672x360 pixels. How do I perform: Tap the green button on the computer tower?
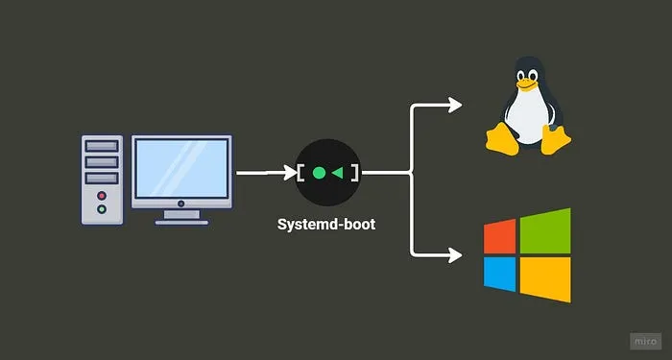[x=102, y=208]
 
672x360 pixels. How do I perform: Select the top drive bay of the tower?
[x=102, y=147]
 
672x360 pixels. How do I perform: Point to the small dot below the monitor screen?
[x=181, y=204]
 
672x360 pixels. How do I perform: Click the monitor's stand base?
[x=181, y=221]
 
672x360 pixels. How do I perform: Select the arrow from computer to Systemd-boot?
[x=264, y=174]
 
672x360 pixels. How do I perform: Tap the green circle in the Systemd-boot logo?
[x=320, y=174]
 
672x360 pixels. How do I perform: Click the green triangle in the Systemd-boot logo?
[x=338, y=174]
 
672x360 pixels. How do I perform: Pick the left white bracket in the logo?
[x=301, y=174]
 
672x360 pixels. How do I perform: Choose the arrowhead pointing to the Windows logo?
[x=454, y=254]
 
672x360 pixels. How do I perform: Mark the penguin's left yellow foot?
[x=500, y=141]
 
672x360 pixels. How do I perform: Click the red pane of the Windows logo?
[x=500, y=238]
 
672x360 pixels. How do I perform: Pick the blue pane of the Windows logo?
[x=500, y=276]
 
